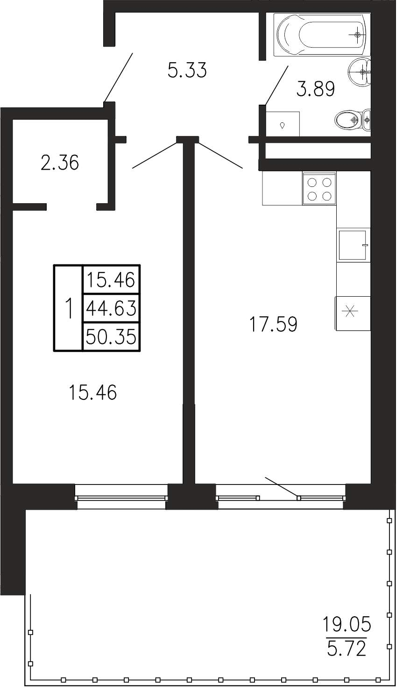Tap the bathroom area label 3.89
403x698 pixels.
316,89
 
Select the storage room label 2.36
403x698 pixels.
60,163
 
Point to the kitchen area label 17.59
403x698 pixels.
274,324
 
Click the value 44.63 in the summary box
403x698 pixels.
111,309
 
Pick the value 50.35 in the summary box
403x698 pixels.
111,337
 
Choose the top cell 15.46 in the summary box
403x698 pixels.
111,279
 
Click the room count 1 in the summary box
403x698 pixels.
69,308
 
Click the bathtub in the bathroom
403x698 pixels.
322,35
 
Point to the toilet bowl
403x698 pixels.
352,119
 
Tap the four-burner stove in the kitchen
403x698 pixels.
319,189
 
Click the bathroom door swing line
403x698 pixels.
277,85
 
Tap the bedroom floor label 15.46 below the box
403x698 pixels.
93,392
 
